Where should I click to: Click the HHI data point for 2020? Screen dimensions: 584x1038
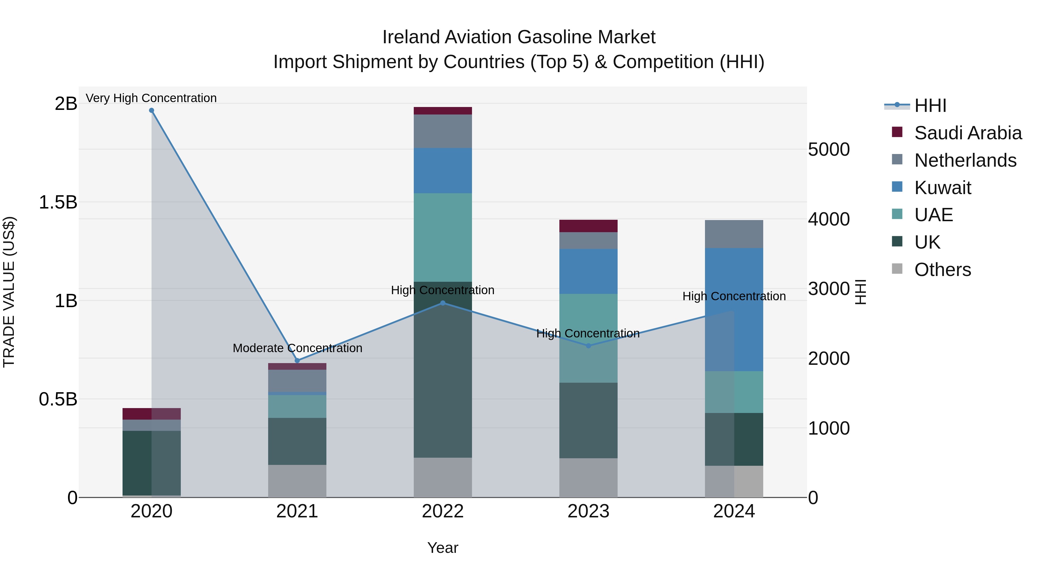tap(151, 110)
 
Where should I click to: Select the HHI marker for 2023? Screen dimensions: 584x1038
tap(588, 346)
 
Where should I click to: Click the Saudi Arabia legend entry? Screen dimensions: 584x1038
tap(968, 133)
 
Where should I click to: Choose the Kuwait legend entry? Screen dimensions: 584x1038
tap(943, 188)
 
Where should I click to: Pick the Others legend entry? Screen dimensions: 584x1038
tap(943, 270)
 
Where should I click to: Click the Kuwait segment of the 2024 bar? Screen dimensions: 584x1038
tap(734, 309)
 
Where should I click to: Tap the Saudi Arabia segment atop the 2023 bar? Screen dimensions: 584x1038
tap(588, 226)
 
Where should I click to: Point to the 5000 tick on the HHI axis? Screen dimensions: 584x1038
tap(829, 149)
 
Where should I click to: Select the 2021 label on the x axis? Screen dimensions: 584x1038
tap(297, 511)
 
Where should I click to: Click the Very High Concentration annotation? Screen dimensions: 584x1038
tap(151, 98)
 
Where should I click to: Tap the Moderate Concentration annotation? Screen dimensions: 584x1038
tap(297, 348)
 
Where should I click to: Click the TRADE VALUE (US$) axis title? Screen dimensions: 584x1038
tap(9, 292)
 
